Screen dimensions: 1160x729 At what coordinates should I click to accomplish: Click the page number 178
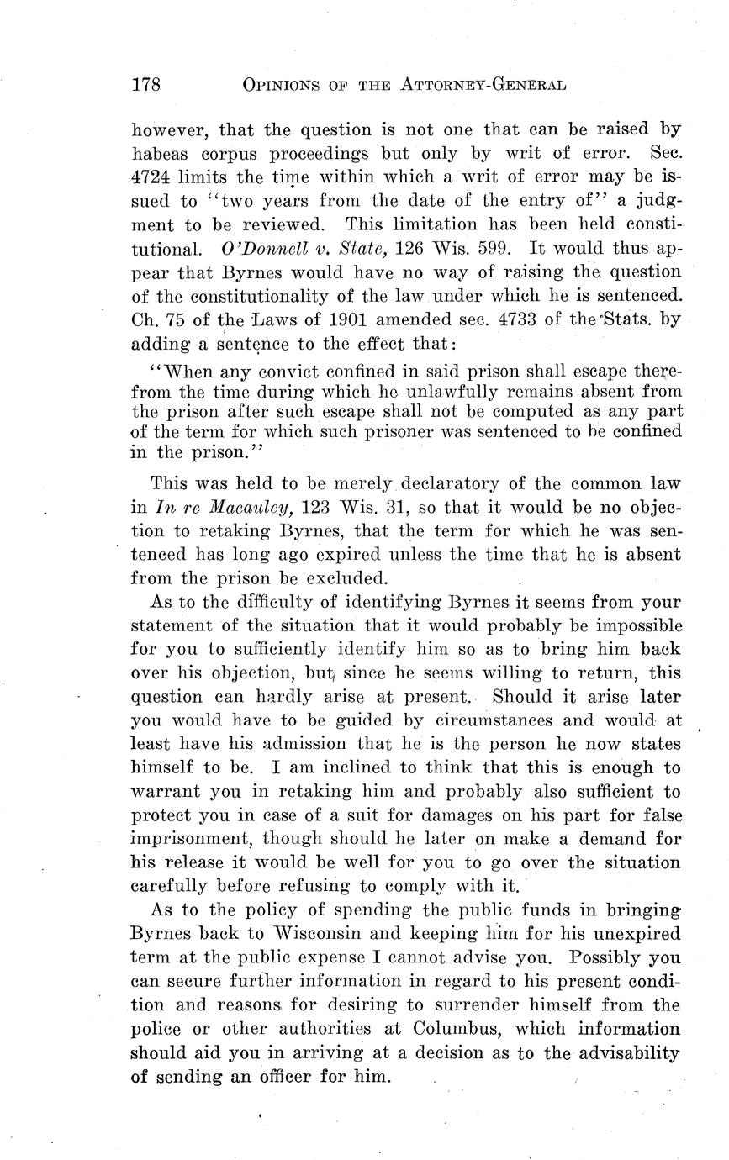[x=145, y=85]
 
